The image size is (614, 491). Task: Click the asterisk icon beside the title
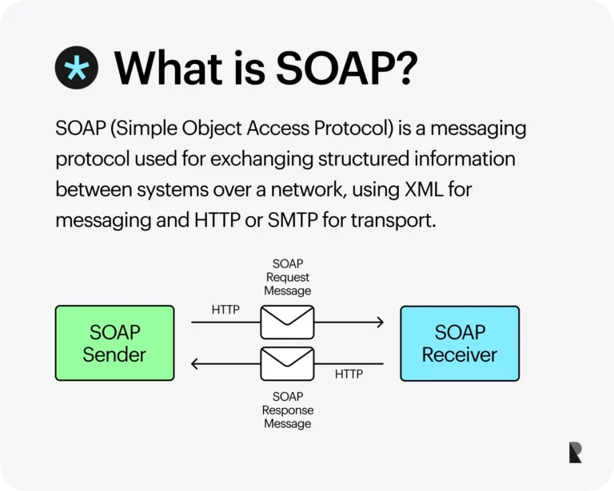click(77, 67)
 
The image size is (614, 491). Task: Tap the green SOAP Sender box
click(114, 343)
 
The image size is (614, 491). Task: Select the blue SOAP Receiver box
click(460, 343)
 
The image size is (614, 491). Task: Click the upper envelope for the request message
click(288, 323)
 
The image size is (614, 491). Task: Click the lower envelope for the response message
click(288, 364)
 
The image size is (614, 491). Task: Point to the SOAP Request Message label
click(288, 277)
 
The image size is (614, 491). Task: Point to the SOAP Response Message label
click(288, 410)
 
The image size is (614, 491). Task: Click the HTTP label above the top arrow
click(225, 310)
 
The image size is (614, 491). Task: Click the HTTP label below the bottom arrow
click(349, 374)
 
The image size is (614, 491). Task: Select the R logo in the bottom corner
click(576, 452)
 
